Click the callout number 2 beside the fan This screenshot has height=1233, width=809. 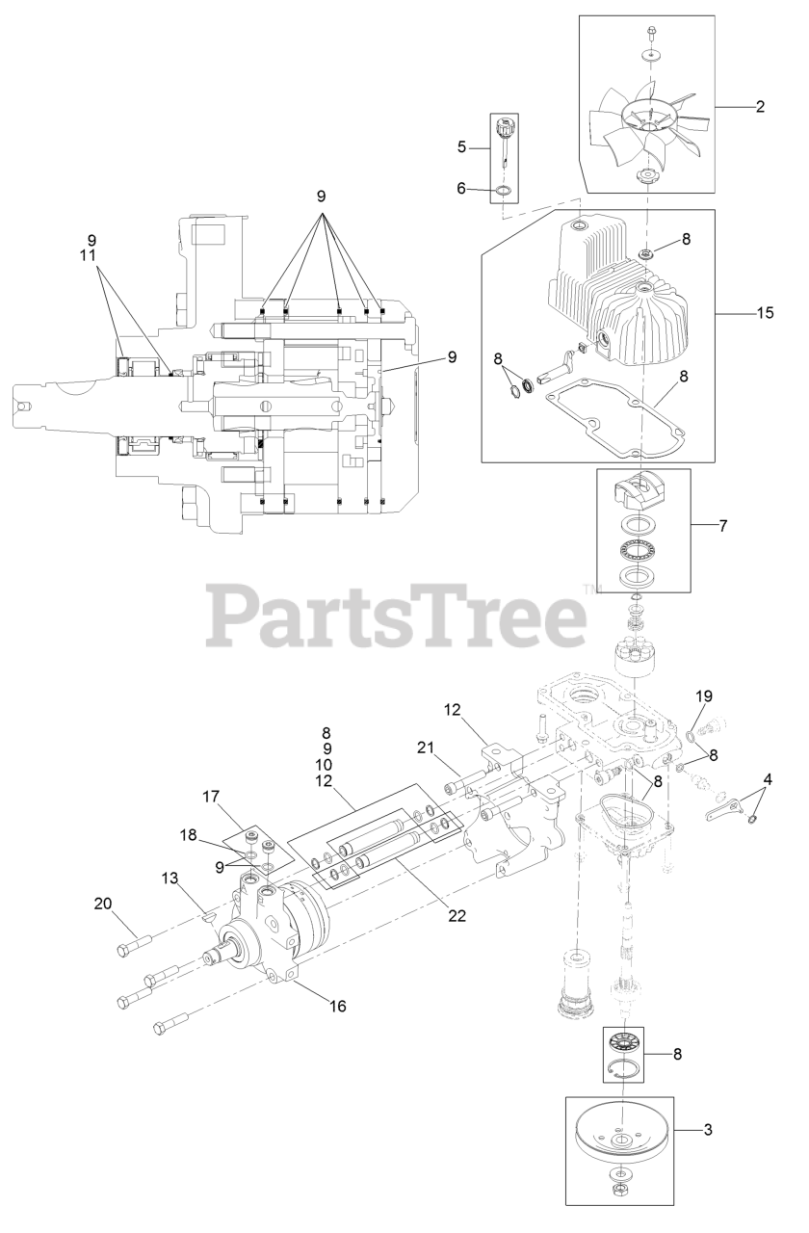click(x=760, y=107)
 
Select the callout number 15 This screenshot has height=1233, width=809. click(x=766, y=313)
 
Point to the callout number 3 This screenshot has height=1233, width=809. click(x=708, y=1129)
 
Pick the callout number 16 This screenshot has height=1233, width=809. click(x=337, y=1006)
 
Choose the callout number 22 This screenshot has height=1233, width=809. click(x=457, y=915)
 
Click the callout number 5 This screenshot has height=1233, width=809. click(x=461, y=147)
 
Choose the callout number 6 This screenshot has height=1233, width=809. click(x=461, y=190)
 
